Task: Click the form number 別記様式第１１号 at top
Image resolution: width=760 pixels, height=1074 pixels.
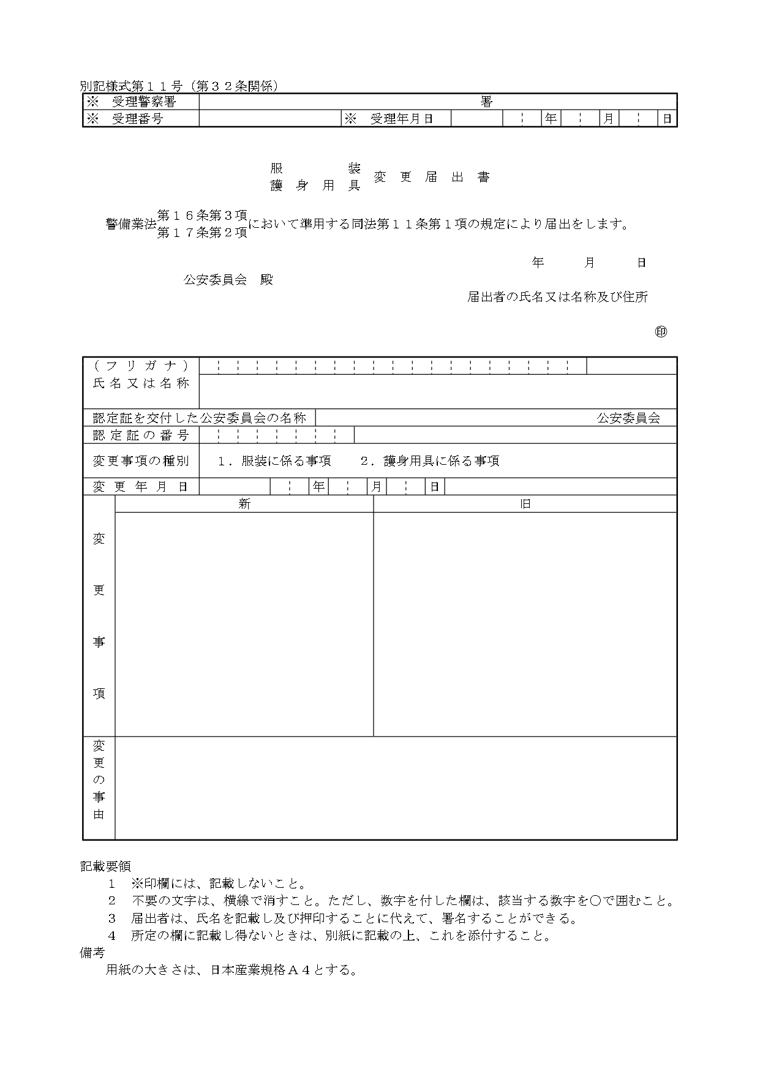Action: point(131,86)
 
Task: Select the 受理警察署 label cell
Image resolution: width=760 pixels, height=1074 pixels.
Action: point(141,102)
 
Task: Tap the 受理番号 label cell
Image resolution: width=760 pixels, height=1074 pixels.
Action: point(141,119)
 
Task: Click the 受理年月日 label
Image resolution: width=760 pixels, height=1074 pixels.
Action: point(396,119)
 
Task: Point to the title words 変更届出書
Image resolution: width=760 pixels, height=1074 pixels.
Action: point(432,177)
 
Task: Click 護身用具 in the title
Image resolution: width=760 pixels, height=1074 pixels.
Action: point(315,186)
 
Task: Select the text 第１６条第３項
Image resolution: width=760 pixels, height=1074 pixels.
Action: point(202,215)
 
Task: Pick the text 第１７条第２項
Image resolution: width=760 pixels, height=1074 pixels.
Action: point(202,233)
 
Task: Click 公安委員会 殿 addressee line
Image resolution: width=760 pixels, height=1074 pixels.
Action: point(228,280)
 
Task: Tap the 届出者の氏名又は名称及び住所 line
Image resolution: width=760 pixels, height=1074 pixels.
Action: point(557,297)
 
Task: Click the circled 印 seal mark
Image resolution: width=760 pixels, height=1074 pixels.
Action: point(661,332)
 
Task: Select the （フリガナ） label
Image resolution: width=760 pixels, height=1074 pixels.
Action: point(141,366)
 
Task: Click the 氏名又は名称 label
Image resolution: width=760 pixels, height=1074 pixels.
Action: point(141,383)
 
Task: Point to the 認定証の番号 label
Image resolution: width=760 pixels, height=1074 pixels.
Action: point(141,435)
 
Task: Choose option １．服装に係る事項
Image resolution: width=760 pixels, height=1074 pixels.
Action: point(275,461)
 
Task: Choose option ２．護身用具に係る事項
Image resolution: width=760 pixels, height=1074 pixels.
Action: point(430,461)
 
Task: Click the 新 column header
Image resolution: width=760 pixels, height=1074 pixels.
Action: point(244,504)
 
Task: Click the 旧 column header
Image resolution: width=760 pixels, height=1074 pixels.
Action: point(525,504)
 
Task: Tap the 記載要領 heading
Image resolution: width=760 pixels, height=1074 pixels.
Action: point(105,866)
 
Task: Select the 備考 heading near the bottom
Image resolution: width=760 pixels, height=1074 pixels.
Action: point(92,953)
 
